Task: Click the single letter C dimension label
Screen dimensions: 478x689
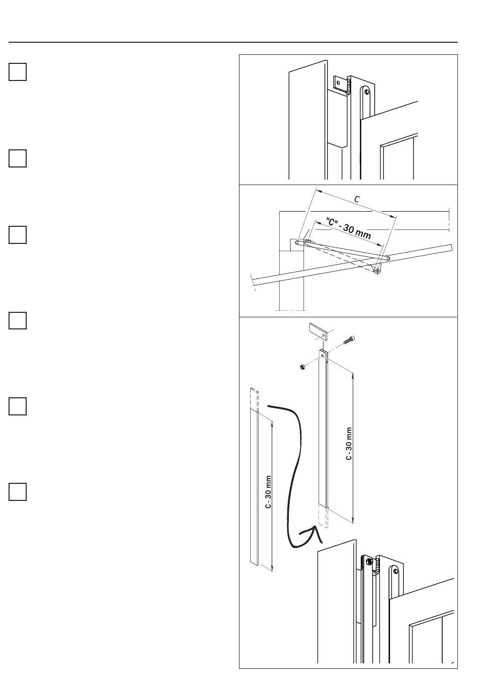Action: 356,199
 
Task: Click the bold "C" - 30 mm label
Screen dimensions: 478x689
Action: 348,229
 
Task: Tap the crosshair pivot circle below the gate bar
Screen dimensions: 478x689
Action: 377,271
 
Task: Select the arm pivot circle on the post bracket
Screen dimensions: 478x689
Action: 297,242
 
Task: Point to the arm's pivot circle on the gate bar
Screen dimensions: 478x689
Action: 388,259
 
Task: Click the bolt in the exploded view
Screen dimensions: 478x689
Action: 349,340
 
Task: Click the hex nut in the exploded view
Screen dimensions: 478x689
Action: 302,367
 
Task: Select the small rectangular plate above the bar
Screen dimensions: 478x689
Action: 319,331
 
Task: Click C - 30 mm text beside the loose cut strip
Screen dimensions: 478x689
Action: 268,492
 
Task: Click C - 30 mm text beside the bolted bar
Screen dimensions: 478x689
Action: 349,444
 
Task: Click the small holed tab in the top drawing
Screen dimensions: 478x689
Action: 339,83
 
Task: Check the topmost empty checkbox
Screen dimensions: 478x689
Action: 18,72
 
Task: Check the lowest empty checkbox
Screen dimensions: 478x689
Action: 18,492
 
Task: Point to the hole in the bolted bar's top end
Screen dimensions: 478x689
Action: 323,355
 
